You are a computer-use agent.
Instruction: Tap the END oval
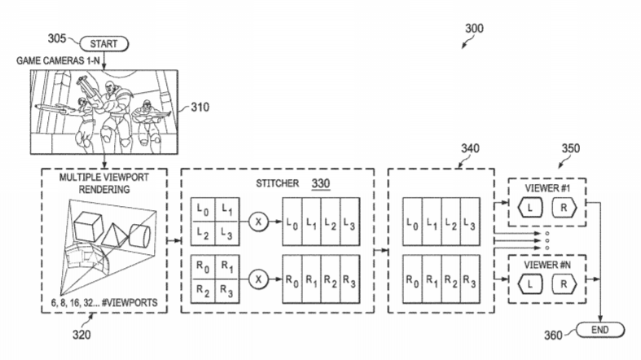point(600,330)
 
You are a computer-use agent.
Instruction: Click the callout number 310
point(200,107)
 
